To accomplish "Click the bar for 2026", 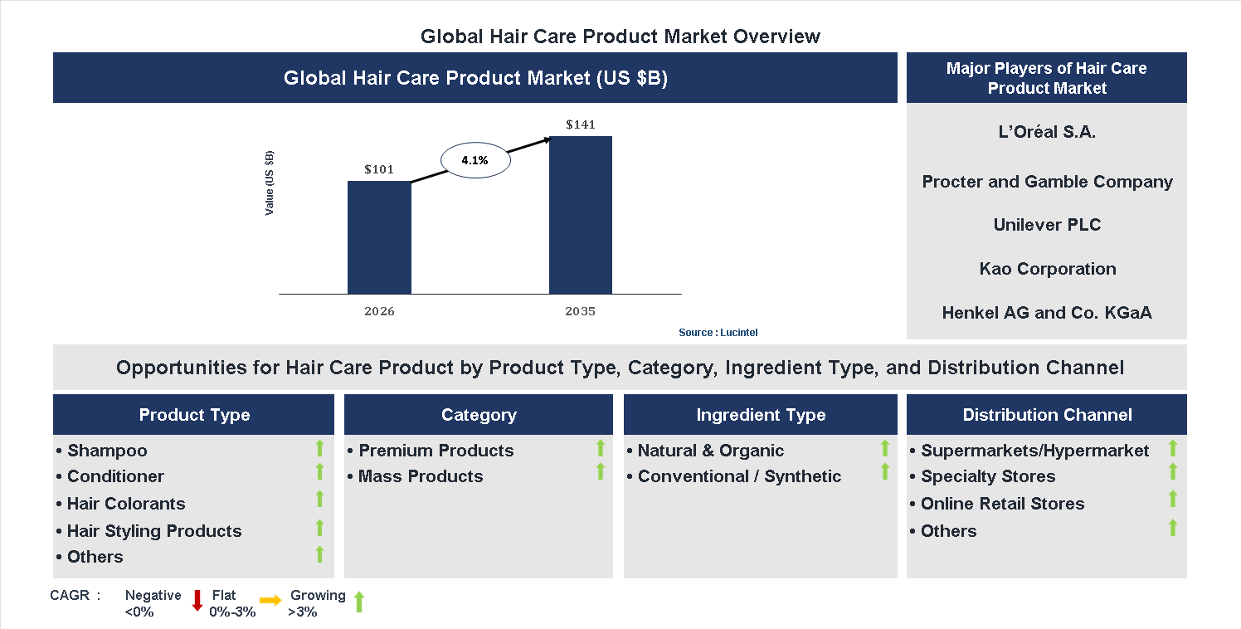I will (x=379, y=237).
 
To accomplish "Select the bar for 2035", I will (x=581, y=215).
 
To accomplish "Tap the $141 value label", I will (x=581, y=124).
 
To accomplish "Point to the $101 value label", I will (x=379, y=169).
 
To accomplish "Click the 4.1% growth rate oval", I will (x=475, y=161).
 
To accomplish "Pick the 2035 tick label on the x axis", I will (x=581, y=312).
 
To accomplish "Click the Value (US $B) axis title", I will (x=270, y=183).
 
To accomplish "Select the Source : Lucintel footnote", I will (x=718, y=333).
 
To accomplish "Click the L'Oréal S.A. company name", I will (x=1047, y=132).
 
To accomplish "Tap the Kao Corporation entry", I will (x=1047, y=269).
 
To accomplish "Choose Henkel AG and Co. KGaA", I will (x=1047, y=313).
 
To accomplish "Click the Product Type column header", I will (x=194, y=415).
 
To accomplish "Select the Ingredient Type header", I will (x=761, y=415).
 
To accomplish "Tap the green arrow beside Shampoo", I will (x=319, y=449).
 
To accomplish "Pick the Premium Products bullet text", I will (x=436, y=451).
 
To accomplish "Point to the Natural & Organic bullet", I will (x=710, y=451).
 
